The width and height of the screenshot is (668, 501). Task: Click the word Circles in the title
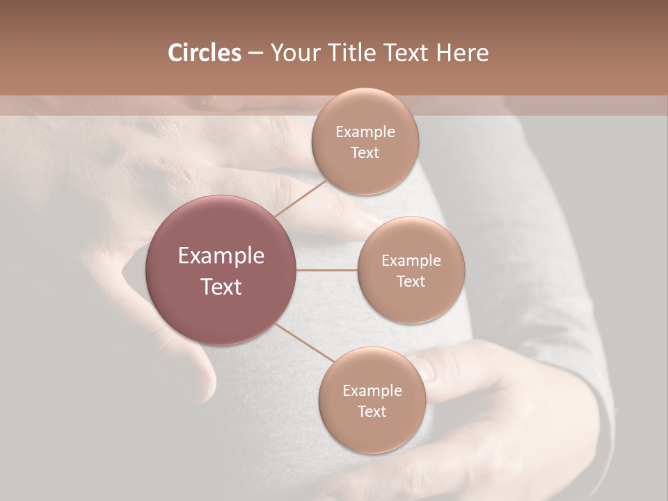[x=204, y=53]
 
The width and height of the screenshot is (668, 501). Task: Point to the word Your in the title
[x=294, y=54]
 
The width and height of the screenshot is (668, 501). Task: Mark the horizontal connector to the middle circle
[x=327, y=270]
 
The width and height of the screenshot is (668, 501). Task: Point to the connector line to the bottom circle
[x=304, y=342]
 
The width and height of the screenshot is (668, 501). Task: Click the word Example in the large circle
[x=221, y=256]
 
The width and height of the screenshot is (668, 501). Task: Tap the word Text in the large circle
[x=221, y=287]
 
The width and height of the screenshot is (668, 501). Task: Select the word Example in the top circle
[x=365, y=132]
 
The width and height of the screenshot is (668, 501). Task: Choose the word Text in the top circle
[x=365, y=152]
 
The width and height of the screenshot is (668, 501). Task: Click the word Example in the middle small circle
[x=411, y=261]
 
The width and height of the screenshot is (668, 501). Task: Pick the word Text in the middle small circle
[x=411, y=282]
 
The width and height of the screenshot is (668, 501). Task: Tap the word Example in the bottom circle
[x=372, y=390]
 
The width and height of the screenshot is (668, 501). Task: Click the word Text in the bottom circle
[x=372, y=411]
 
